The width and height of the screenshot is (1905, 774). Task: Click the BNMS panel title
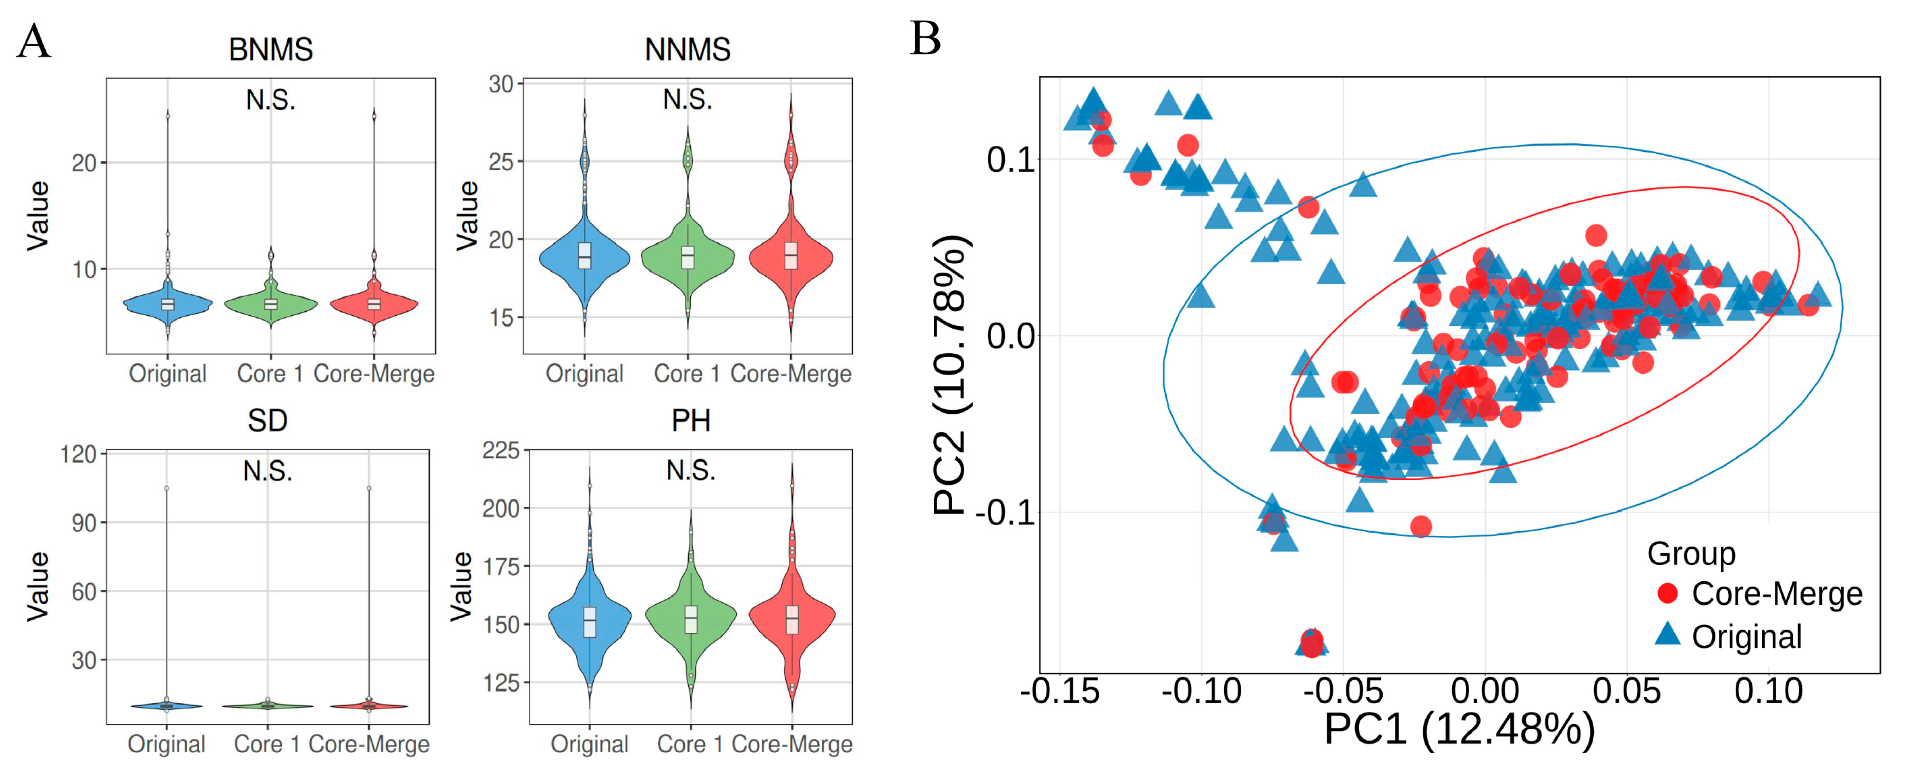pyautogui.click(x=271, y=50)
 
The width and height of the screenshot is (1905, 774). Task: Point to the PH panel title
pyautogui.click(x=691, y=421)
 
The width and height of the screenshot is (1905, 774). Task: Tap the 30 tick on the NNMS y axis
pyautogui.click(x=501, y=84)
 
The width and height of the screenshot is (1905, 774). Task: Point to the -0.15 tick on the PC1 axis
pyautogui.click(x=1059, y=692)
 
